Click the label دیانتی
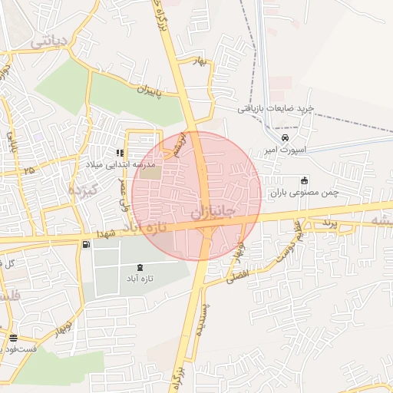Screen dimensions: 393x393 [51, 41]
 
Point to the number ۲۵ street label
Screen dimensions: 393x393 [29, 170]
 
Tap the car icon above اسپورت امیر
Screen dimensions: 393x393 [285, 138]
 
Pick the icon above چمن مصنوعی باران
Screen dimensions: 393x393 [304, 181]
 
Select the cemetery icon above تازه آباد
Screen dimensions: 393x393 [139, 266]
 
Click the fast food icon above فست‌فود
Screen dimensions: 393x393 [13, 338]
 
